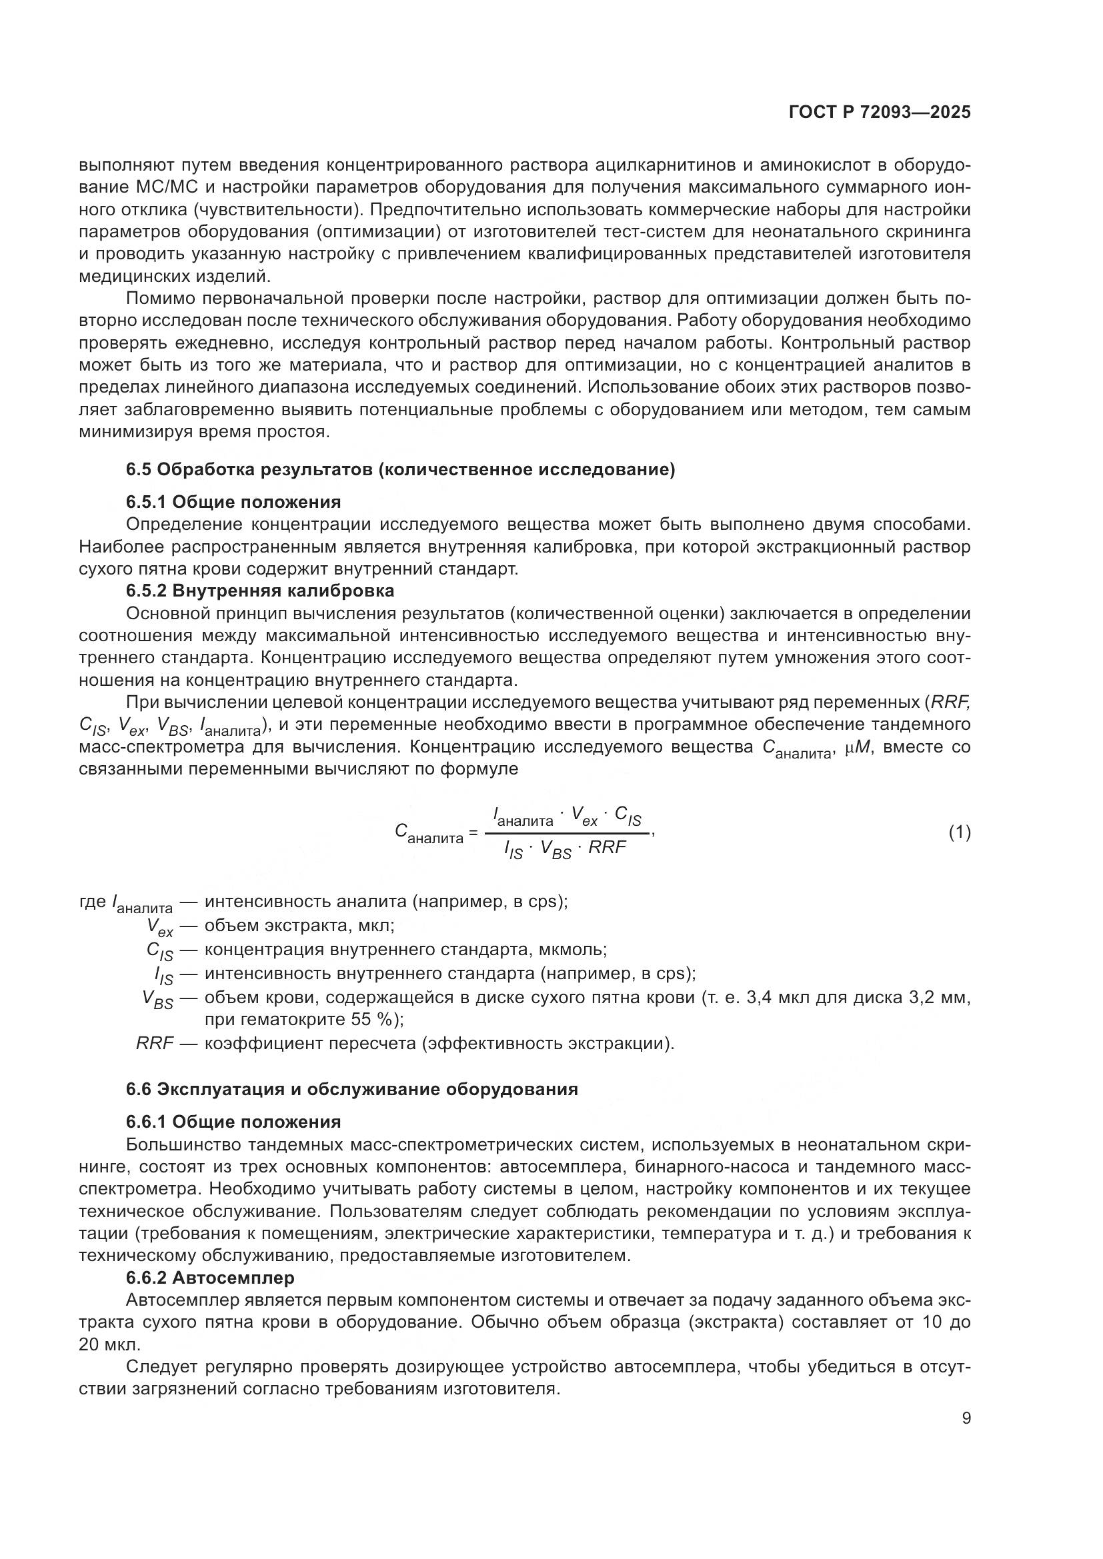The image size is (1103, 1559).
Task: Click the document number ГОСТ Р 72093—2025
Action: tap(880, 113)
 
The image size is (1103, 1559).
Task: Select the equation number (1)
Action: tap(959, 832)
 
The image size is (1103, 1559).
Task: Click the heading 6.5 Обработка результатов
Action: tap(401, 470)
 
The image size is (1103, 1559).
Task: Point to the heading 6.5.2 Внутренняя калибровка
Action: tap(260, 591)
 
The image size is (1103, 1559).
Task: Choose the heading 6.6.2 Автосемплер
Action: tap(211, 1278)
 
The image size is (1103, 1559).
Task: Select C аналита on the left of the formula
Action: tap(428, 834)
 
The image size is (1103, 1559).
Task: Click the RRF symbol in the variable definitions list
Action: tap(155, 1043)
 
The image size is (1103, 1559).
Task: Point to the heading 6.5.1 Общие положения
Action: tap(233, 503)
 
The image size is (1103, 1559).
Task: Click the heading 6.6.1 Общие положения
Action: tap(233, 1122)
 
